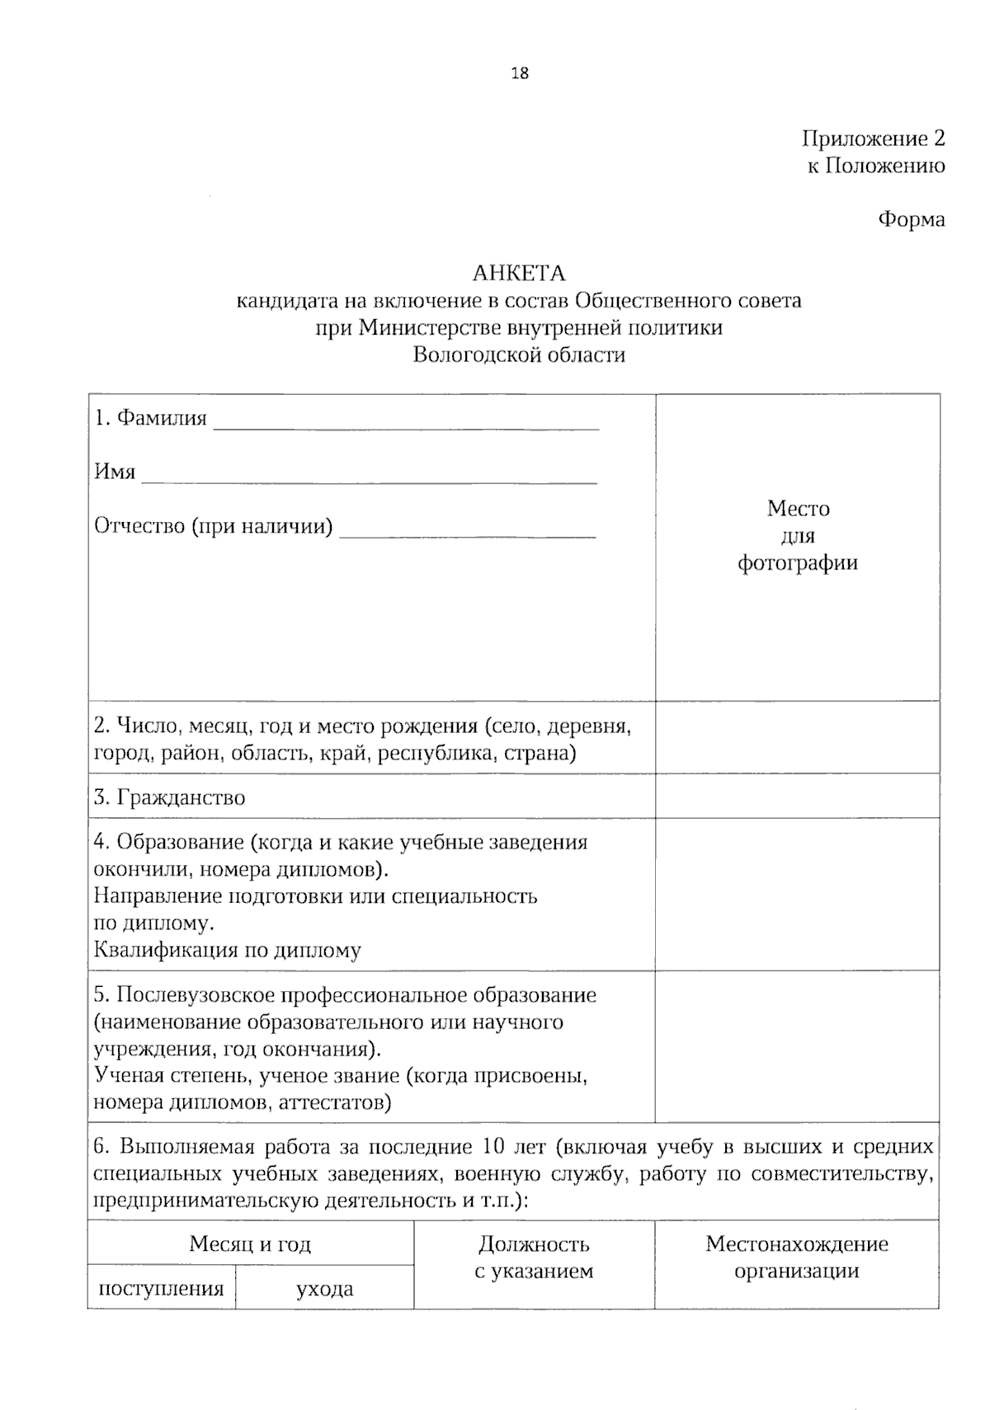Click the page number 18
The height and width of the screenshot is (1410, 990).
(x=520, y=73)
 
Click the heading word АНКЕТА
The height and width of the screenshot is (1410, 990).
(x=519, y=273)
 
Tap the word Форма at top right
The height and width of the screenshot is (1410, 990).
(x=911, y=220)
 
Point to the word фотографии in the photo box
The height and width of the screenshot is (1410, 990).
(x=797, y=563)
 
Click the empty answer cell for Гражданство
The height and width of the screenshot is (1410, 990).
(x=797, y=796)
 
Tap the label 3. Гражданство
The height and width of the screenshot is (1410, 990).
(x=169, y=797)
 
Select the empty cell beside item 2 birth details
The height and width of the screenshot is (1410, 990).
(x=797, y=737)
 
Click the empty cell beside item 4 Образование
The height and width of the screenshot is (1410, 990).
(x=797, y=894)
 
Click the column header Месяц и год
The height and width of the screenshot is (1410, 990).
(x=250, y=1243)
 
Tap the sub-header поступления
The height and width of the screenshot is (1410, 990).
(x=161, y=1288)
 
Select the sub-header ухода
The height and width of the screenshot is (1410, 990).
(x=325, y=1288)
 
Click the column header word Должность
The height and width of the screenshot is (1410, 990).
(x=534, y=1243)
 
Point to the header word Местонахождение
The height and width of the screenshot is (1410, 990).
(x=797, y=1243)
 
